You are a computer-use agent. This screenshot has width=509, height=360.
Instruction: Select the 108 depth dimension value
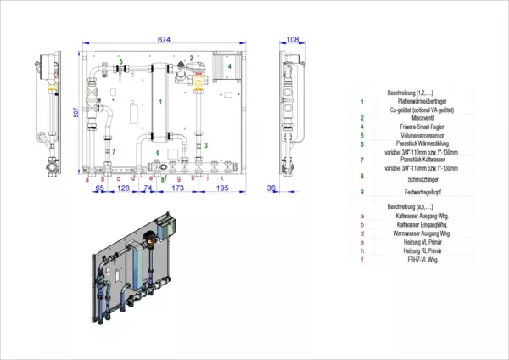coord(293,40)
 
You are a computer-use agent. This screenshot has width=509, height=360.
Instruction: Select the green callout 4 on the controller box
coord(229,65)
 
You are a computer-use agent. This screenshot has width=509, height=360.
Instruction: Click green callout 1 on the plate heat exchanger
coord(160,102)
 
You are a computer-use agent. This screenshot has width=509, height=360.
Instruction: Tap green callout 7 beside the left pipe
coord(114,151)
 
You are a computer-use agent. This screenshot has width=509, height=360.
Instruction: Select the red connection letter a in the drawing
coord(87,178)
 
